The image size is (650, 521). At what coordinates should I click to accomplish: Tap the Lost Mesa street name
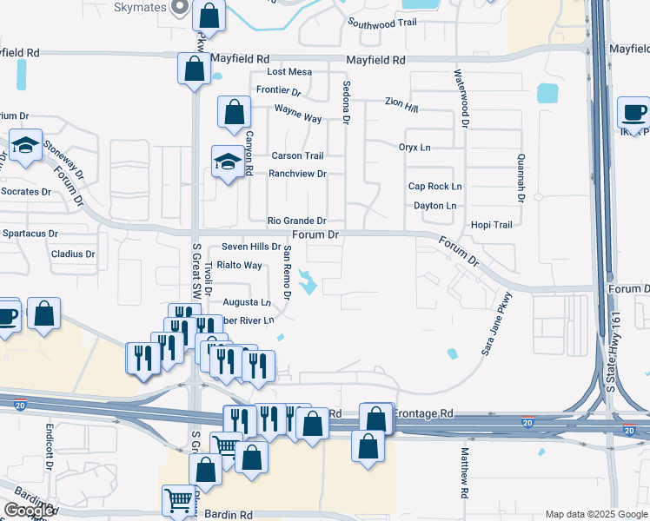pos(289,72)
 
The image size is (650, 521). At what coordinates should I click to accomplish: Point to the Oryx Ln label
pos(415,148)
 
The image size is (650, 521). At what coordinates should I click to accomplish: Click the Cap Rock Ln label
pos(434,187)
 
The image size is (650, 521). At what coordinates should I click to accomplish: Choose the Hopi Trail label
pos(491,225)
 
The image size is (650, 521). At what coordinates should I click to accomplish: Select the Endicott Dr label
pos(50,445)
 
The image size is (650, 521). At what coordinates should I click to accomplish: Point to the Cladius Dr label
pos(72,254)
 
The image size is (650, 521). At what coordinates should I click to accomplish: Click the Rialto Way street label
pos(239,265)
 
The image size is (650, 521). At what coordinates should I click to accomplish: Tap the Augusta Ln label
pos(247,302)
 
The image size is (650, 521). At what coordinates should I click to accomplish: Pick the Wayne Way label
pos(298,114)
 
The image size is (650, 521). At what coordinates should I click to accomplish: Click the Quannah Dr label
pos(521,178)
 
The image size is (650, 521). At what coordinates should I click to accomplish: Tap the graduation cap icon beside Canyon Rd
pos(228,160)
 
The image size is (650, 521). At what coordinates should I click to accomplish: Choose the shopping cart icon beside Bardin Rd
pos(178,499)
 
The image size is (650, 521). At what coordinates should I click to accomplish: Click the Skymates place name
pos(140,7)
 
